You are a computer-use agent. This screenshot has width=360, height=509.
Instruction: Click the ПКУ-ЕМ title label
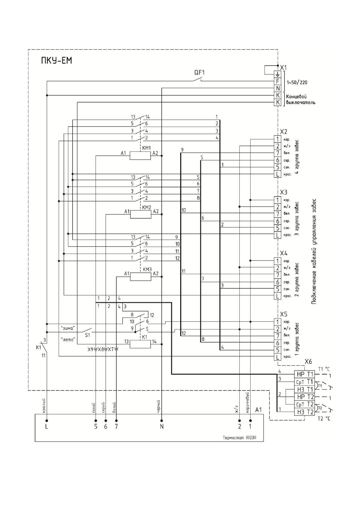click(x=57, y=61)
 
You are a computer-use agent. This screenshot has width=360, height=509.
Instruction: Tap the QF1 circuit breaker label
click(x=199, y=73)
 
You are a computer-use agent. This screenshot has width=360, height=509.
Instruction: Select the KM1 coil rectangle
click(x=140, y=155)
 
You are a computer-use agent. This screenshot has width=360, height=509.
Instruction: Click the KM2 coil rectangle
click(x=141, y=214)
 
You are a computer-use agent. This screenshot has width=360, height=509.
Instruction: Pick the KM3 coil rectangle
click(x=141, y=277)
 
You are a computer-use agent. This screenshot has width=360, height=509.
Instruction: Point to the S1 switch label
click(x=87, y=335)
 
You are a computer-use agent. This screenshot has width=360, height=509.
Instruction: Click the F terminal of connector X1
click(x=277, y=81)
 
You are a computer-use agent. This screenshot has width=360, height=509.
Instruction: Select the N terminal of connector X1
click(x=277, y=88)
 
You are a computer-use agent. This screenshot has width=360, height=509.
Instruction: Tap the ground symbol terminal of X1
click(x=277, y=74)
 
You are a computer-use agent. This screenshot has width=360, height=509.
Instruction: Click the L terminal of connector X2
click(x=277, y=174)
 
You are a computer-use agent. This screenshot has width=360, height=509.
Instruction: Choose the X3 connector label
click(x=284, y=192)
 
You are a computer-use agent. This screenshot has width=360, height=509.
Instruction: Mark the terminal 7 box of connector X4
click(x=277, y=275)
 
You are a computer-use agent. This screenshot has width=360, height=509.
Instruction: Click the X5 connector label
click(x=284, y=314)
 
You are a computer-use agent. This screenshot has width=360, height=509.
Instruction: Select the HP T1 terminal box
click(x=305, y=374)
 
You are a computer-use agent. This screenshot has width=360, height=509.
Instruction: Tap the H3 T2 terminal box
click(x=305, y=412)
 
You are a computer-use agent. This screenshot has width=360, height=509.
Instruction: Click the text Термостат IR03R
click(x=239, y=437)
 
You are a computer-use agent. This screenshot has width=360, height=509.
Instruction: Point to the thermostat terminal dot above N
click(x=162, y=420)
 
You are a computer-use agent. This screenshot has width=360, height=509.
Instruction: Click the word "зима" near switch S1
click(x=68, y=328)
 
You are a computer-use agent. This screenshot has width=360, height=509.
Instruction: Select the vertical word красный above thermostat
click(x=44, y=406)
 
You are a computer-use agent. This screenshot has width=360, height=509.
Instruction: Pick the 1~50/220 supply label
click(x=297, y=82)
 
